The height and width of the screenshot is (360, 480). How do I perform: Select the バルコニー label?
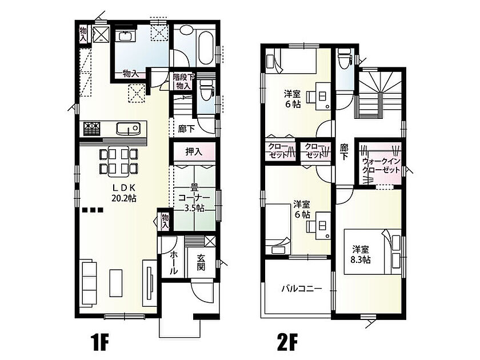tap(302, 289)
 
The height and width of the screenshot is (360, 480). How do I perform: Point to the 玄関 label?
tap(201, 262)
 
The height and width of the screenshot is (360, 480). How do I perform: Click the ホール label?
tap(173, 262)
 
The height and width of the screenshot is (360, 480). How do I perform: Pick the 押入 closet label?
tap(194, 151)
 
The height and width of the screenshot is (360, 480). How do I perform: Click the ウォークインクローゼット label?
tap(381, 165)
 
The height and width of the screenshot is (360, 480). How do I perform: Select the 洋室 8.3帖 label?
tap(361, 254)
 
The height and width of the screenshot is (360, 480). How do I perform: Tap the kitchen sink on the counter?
tap(128, 128)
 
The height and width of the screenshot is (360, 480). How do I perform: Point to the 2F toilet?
tap(344, 59)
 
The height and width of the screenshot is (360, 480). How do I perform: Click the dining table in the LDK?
tap(118, 162)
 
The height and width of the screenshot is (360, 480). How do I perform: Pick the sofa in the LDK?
tap(89, 282)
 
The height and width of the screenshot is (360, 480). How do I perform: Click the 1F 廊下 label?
tap(186, 129)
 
